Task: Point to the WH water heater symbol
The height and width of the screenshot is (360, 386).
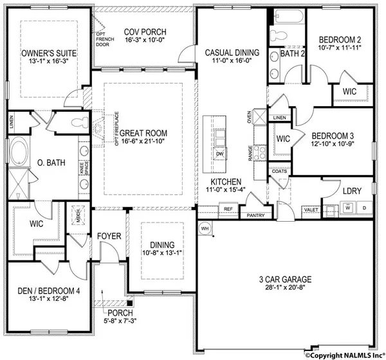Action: coord(205,228)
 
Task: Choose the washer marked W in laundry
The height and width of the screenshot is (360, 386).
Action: coord(349,208)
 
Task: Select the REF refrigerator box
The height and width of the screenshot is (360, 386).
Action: coord(228,209)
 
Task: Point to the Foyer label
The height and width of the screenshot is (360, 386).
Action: coord(109,237)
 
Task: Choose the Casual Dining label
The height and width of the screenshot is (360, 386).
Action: coord(232,53)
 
